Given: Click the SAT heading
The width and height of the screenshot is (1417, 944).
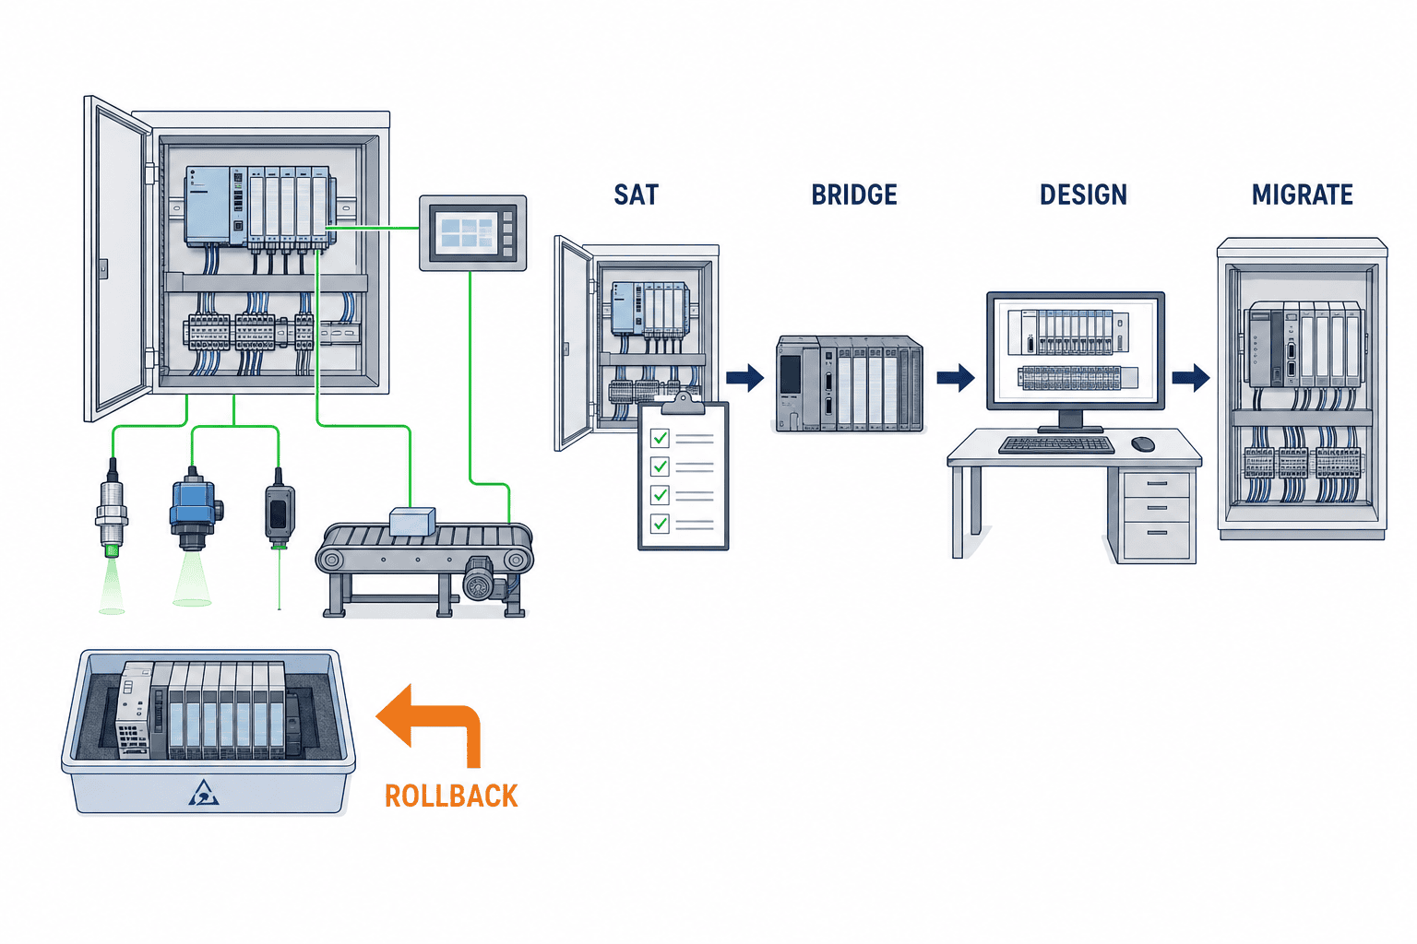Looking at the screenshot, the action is [x=636, y=195].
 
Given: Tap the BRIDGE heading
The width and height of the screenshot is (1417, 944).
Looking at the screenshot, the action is [x=854, y=195].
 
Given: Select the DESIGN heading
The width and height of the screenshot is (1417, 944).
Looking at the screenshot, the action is [x=1083, y=195].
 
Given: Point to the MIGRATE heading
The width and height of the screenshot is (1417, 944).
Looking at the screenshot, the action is [x=1302, y=195].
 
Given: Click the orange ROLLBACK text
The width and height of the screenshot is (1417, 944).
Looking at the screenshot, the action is [x=451, y=796].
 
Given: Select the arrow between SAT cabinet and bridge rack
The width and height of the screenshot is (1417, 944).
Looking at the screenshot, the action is [x=744, y=378].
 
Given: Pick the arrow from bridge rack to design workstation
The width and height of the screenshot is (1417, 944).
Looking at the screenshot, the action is [x=955, y=378].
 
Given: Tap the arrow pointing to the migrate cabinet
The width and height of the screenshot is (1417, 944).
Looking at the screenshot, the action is [x=1191, y=378].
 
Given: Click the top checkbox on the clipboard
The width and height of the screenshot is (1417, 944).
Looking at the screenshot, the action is [x=660, y=438].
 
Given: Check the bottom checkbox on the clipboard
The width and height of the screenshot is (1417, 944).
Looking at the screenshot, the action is [x=660, y=524].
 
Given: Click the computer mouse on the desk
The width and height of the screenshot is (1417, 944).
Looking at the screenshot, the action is [x=1142, y=443].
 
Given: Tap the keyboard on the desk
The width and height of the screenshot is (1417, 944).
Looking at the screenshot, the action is [x=1056, y=445].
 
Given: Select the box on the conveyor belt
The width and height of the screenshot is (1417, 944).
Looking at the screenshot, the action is [x=412, y=521].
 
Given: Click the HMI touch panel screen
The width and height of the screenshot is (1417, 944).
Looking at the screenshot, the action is [x=467, y=232].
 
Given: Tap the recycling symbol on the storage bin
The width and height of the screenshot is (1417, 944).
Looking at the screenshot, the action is [x=203, y=793].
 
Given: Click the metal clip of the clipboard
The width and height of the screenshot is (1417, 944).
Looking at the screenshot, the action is [x=683, y=404].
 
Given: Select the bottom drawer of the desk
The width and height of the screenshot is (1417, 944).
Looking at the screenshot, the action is [x=1156, y=538].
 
